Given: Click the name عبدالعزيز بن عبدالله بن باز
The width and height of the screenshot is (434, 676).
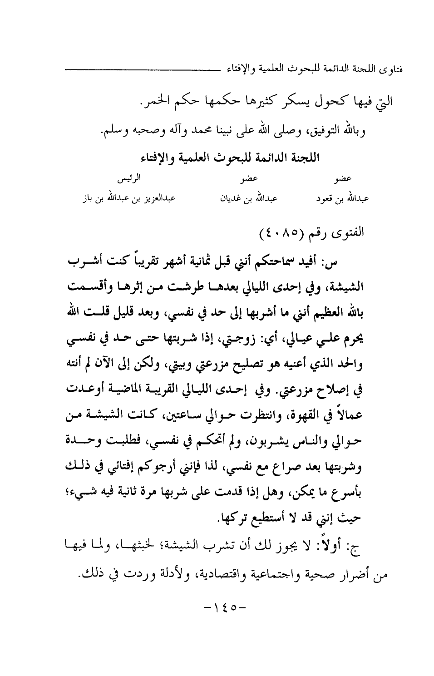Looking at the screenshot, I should [129, 199].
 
